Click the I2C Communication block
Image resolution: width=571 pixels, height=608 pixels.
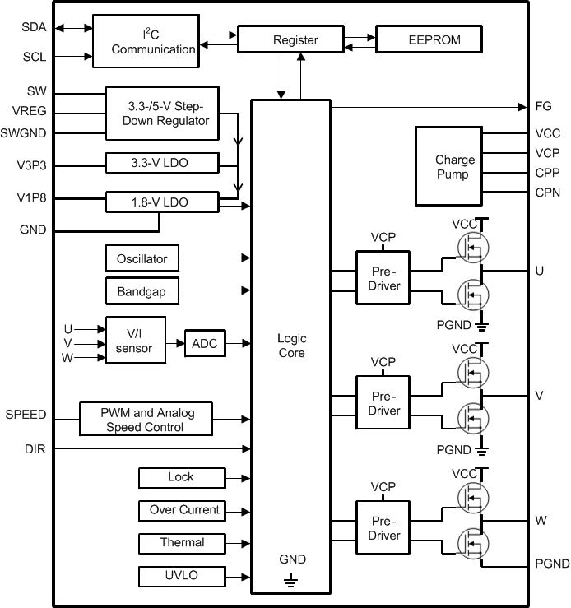pyautogui.click(x=146, y=41)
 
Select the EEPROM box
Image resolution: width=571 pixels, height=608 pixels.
pyautogui.click(x=429, y=39)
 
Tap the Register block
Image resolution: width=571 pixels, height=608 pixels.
pyautogui.click(x=295, y=39)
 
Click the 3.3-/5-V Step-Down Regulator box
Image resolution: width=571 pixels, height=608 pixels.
pyautogui.click(x=162, y=114)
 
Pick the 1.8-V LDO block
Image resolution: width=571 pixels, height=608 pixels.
pyautogui.click(x=162, y=202)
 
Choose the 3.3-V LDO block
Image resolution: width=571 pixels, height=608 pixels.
pyautogui.click(x=162, y=163)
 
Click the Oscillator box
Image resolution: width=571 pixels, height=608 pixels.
pyautogui.click(x=142, y=258)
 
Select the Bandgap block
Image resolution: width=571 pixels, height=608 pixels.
pyautogui.click(x=142, y=290)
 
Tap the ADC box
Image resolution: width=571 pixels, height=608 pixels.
pyautogui.click(x=204, y=343)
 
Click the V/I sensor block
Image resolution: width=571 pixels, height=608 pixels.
pyautogui.click(x=134, y=340)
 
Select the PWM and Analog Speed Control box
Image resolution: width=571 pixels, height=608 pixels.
pyautogui.click(x=146, y=419)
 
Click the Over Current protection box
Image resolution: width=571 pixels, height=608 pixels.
pyautogui.click(x=183, y=510)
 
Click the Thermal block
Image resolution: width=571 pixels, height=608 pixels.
pyautogui.click(x=182, y=543)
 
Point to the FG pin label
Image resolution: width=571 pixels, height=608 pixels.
pyautogui.click(x=543, y=106)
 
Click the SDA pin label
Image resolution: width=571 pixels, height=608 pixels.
pyautogui.click(x=34, y=27)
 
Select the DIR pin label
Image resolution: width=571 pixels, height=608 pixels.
pyautogui.click(x=35, y=448)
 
